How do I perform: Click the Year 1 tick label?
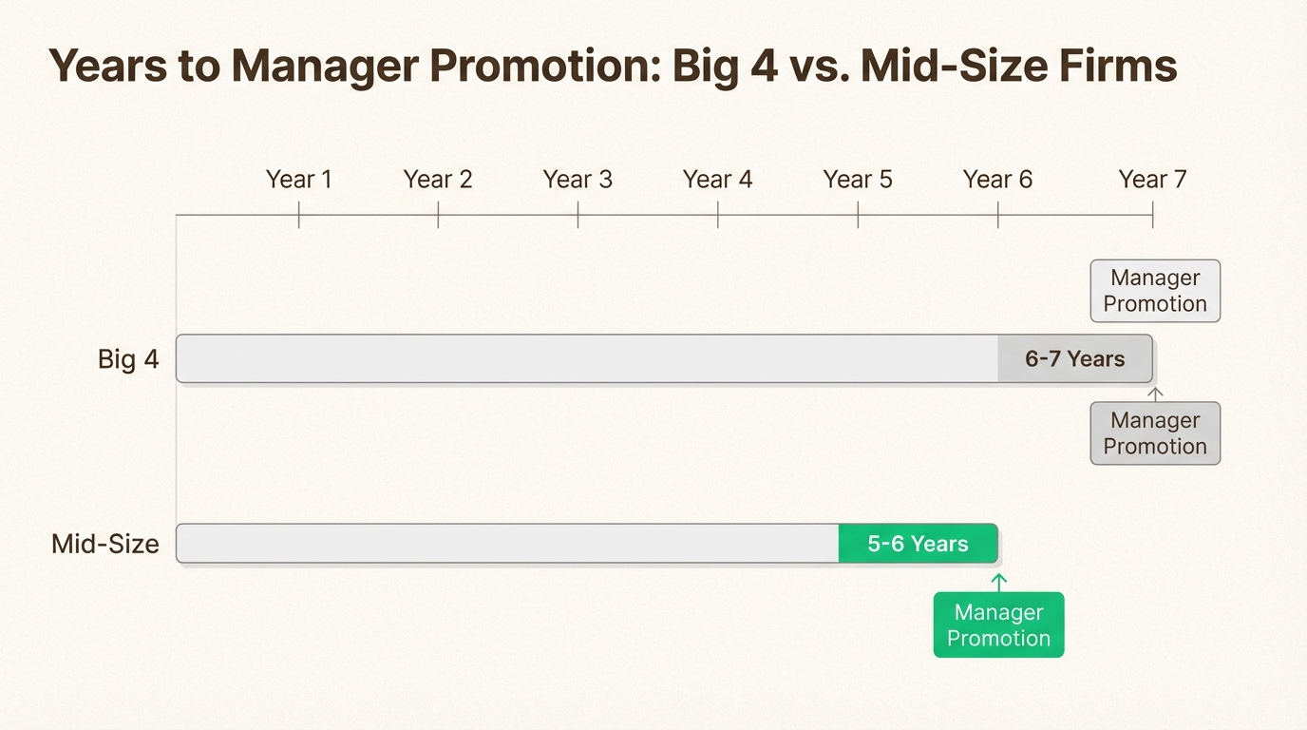click(298, 180)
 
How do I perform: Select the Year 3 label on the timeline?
click(578, 180)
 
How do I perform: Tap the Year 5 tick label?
click(858, 180)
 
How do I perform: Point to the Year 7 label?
click(1152, 180)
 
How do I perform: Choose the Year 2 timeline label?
click(438, 180)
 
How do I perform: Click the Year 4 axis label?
click(717, 180)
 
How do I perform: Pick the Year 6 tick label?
click(997, 180)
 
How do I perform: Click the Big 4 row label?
click(128, 359)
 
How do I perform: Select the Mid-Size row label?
click(105, 545)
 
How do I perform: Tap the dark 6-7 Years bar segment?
click(1074, 359)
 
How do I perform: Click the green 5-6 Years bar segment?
click(918, 544)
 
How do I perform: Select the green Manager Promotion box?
click(998, 625)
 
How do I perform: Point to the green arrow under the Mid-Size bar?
click(998, 582)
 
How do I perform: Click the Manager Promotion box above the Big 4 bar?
click(1155, 291)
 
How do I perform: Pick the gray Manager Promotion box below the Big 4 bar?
click(1155, 433)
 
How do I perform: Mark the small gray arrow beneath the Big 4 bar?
click(1155, 393)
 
